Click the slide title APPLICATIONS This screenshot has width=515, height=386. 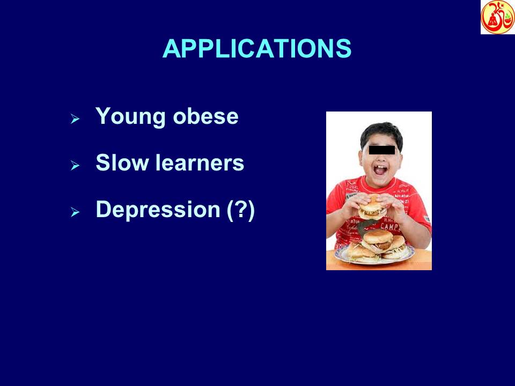(x=256, y=49)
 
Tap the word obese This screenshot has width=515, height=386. (x=205, y=116)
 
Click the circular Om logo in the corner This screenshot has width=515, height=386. (x=497, y=17)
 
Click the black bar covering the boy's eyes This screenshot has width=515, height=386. (x=381, y=150)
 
